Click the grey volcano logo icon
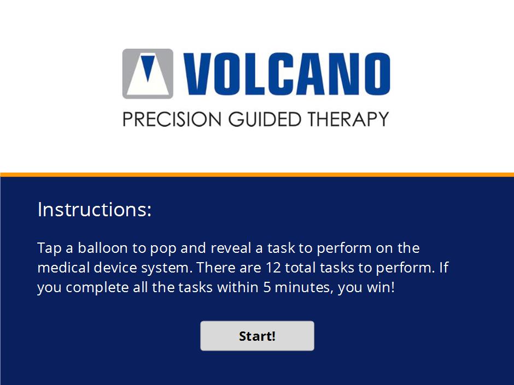point(148,74)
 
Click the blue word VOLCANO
point(287,74)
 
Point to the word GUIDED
point(265,119)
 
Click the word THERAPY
point(348,119)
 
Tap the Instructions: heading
point(95,209)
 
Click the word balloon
point(103,248)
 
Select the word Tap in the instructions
point(49,248)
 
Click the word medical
point(63,268)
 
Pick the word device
point(115,268)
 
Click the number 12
point(273,268)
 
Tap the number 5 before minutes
point(267,287)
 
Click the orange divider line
point(257,175)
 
